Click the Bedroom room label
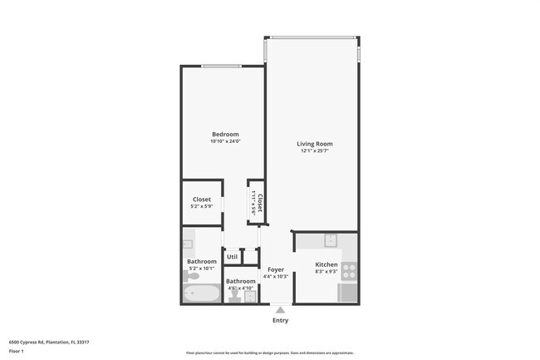coord(225,135)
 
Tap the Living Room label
coord(315,144)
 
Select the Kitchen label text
coord(326,264)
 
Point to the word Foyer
coord(275,269)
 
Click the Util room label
coord(232,257)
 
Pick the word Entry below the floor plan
coord(281,320)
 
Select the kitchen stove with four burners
coord(350,269)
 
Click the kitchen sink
coord(330,241)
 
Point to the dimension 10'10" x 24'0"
coord(225,141)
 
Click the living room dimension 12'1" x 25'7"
coord(315,150)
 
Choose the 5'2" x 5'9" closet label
coord(202,206)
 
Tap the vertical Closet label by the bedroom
coord(260,203)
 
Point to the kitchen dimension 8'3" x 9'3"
coord(326,271)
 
